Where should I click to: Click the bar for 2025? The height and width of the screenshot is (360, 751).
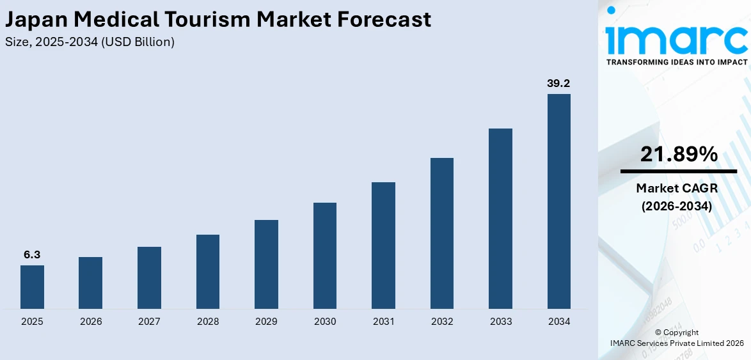(x=32, y=287)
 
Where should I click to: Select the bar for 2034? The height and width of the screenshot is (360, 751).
(x=558, y=201)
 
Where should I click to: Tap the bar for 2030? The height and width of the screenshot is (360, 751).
(x=325, y=256)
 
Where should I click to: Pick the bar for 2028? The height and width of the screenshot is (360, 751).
(x=208, y=272)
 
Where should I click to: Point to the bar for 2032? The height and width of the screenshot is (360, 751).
(x=442, y=233)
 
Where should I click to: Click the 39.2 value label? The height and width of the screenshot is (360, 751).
(x=558, y=83)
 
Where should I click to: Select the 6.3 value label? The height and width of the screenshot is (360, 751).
(x=32, y=254)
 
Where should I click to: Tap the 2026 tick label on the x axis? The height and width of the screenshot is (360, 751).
(x=91, y=322)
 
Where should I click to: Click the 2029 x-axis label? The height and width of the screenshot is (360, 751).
(x=266, y=322)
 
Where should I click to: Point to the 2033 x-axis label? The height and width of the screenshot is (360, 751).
(x=500, y=322)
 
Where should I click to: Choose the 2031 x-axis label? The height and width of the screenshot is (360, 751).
(x=383, y=322)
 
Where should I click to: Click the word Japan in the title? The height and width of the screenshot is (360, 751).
(x=37, y=20)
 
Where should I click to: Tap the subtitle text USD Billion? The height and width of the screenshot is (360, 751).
(x=140, y=42)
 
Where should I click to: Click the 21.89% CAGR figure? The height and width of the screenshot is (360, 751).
(x=679, y=154)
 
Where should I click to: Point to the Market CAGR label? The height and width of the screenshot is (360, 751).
(x=679, y=189)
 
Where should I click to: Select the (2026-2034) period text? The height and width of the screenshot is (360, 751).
(x=679, y=206)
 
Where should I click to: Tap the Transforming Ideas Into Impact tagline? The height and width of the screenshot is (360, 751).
(x=676, y=62)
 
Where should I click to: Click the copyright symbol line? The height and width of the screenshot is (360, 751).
(x=677, y=333)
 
